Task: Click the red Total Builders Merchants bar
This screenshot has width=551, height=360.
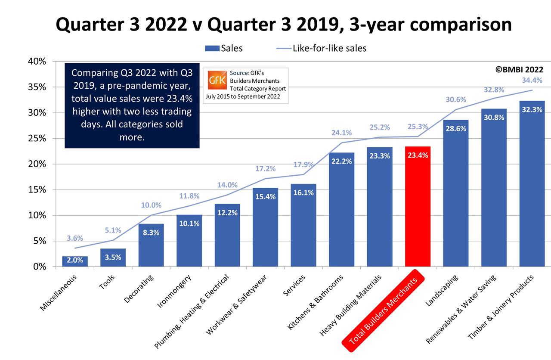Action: click(x=418, y=207)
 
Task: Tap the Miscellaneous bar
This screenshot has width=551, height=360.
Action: click(x=74, y=261)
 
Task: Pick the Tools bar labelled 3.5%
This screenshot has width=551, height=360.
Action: click(x=113, y=258)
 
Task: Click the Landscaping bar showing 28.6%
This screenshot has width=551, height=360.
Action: click(x=455, y=194)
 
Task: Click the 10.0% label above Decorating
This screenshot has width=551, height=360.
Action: click(x=151, y=205)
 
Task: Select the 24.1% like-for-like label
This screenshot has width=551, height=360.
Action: click(x=341, y=133)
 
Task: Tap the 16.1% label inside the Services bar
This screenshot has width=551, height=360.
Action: click(x=303, y=193)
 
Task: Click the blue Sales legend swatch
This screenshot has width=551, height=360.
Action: click(x=212, y=48)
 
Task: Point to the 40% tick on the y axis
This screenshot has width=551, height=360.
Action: click(x=37, y=61)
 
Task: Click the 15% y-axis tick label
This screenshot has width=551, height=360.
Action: click(x=37, y=189)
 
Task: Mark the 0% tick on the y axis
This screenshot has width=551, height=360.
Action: click(x=39, y=267)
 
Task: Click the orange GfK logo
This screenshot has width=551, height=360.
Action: click(x=217, y=80)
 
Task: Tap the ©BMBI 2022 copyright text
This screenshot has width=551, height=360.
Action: click(x=519, y=69)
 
